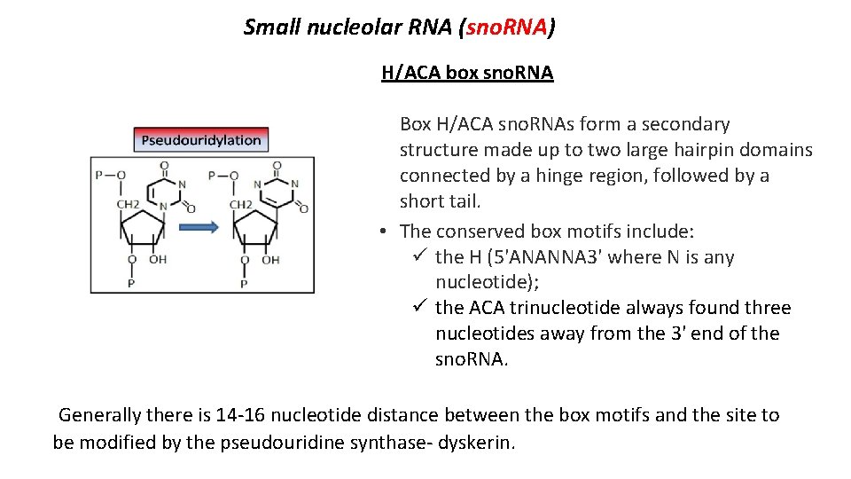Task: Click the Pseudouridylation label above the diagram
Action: pyautogui.click(x=201, y=140)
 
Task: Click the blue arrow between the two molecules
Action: pyautogui.click(x=199, y=227)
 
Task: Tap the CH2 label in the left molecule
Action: pyautogui.click(x=129, y=204)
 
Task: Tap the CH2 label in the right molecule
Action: pyautogui.click(x=241, y=204)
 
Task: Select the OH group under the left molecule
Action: pyautogui.click(x=158, y=259)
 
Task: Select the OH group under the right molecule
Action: pyautogui.click(x=270, y=259)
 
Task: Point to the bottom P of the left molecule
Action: pyautogui.click(x=131, y=283)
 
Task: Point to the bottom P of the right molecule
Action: pyautogui.click(x=244, y=283)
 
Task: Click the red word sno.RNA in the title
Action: pyautogui.click(x=506, y=27)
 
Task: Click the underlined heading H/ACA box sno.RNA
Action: pyautogui.click(x=467, y=73)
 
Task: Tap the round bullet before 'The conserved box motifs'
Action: pyautogui.click(x=379, y=232)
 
